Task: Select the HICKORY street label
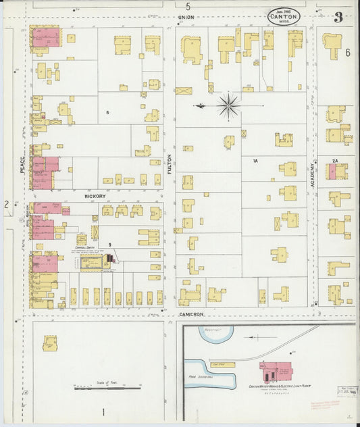[95, 196]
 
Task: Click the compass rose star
[228, 105]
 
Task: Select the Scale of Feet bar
[107, 388]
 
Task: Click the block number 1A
[256, 161]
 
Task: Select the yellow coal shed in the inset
[222, 365]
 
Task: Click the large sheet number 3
[337, 17]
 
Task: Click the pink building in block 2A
[333, 172]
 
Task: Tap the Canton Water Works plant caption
[278, 386]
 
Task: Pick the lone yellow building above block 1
[50, 344]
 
